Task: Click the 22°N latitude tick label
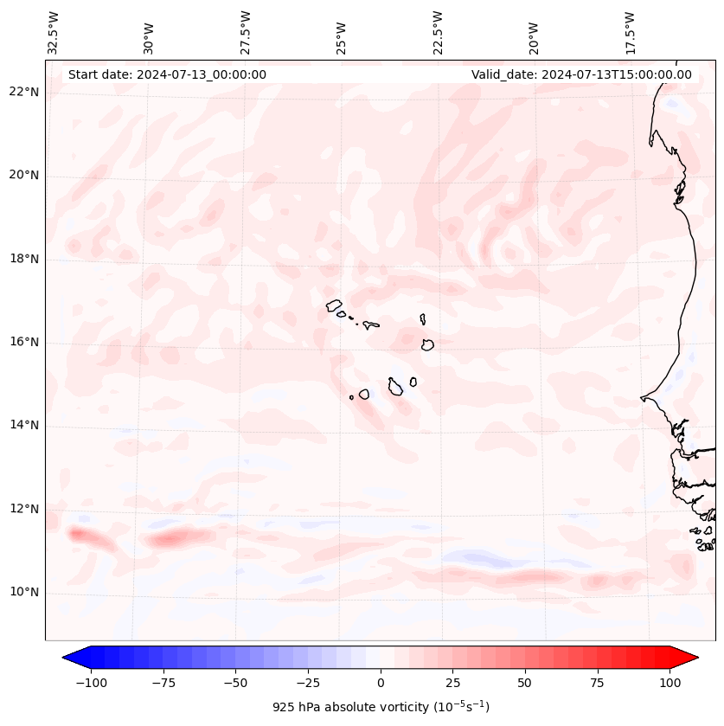(x=25, y=93)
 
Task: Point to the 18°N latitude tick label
(x=25, y=260)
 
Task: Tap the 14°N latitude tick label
(x=25, y=426)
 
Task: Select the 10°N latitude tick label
(x=25, y=592)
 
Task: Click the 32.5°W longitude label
(x=54, y=32)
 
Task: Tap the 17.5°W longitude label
(x=630, y=32)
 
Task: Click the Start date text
(x=167, y=74)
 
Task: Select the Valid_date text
(x=581, y=74)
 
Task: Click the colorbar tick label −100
(x=91, y=683)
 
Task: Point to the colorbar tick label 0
(x=381, y=683)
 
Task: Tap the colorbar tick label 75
(x=598, y=683)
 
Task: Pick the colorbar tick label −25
(x=308, y=683)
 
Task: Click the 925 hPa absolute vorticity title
(x=381, y=707)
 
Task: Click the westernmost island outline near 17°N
(x=334, y=305)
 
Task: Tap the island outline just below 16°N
(x=427, y=344)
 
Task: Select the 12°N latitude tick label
(x=25, y=509)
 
